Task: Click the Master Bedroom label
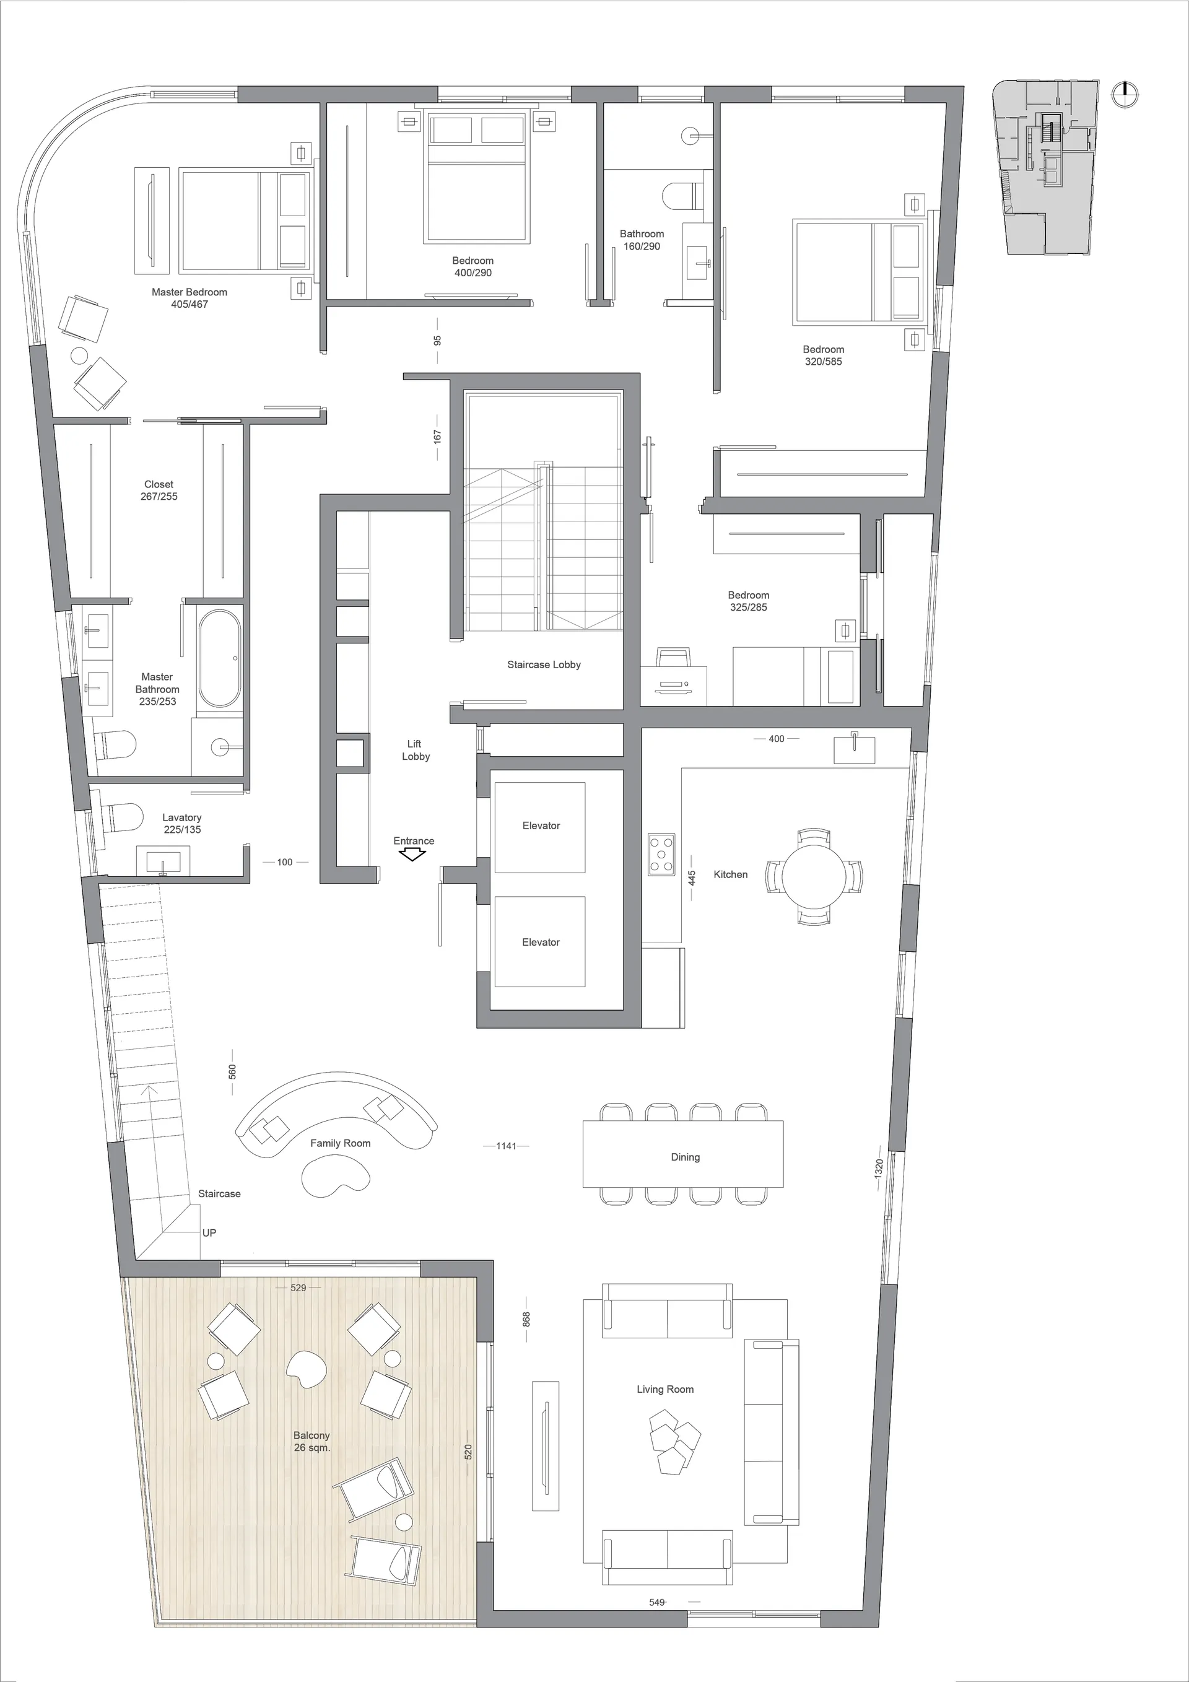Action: tap(189, 292)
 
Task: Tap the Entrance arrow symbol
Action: tap(413, 854)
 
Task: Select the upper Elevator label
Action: tap(541, 826)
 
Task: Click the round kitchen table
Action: tap(813, 876)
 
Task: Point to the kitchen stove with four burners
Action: tap(661, 854)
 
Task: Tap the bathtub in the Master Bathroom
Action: tap(219, 658)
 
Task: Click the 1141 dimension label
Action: tap(506, 1146)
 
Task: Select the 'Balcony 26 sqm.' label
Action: tap(312, 1442)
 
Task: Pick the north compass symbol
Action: tap(1124, 94)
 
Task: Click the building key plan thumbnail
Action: tap(1046, 168)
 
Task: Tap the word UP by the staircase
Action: tap(209, 1233)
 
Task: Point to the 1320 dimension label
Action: tap(879, 1168)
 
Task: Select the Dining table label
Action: tap(685, 1157)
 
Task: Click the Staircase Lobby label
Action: tap(544, 665)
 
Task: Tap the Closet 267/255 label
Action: tap(159, 490)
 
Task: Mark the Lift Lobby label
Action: tap(415, 750)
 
